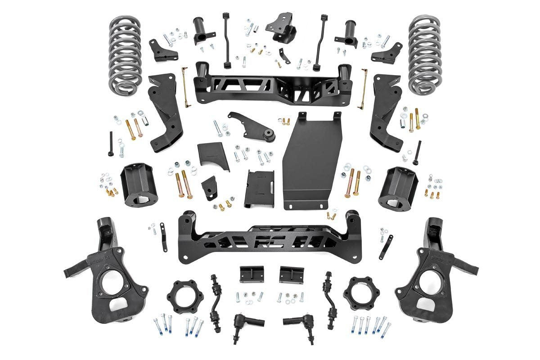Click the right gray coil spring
(x=424, y=54)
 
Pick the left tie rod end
(x=245, y=323)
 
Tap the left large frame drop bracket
(x=165, y=112)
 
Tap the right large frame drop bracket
(x=385, y=112)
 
